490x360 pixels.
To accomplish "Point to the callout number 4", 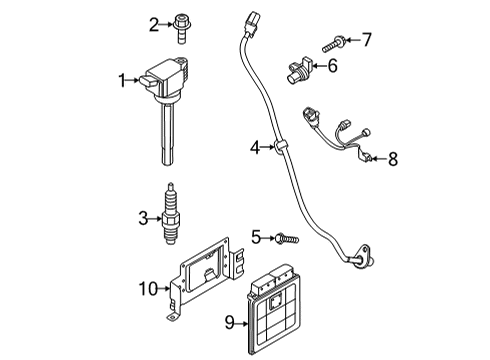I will pyautogui.click(x=255, y=149).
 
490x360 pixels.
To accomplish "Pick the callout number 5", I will pyautogui.click(x=256, y=236).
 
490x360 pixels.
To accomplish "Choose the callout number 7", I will pyautogui.click(x=366, y=40).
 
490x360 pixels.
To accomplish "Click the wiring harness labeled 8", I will pyautogui.click(x=346, y=135).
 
